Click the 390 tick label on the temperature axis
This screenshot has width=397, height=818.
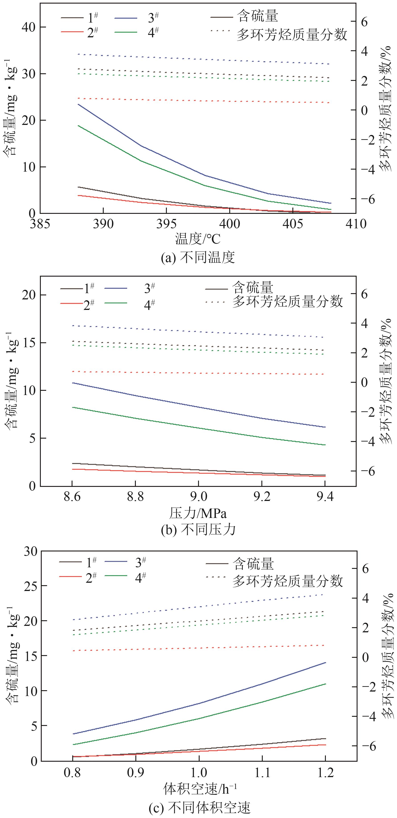click(103, 224)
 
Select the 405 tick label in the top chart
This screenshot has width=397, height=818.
click(293, 224)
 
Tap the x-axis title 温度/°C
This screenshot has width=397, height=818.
click(198, 239)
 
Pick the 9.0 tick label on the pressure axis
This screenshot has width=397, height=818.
click(198, 496)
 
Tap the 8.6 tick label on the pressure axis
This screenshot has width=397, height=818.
click(72, 496)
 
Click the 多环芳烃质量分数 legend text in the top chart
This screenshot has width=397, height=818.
click(292, 34)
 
